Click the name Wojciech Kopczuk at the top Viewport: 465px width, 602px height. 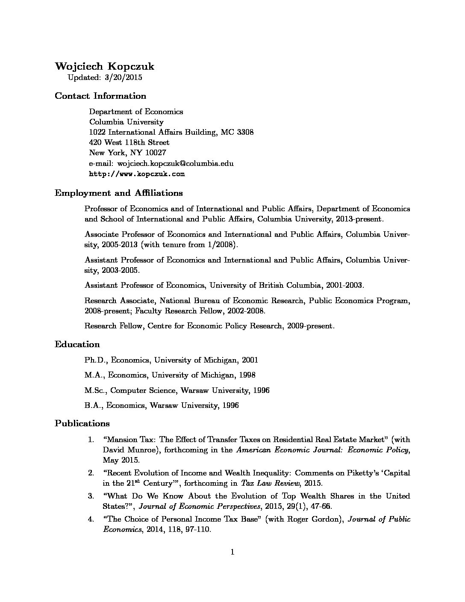pyautogui.click(x=105, y=66)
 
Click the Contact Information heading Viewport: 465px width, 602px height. pyautogui.click(x=100, y=96)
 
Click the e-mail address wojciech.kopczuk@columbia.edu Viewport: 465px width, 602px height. pyautogui.click(x=175, y=163)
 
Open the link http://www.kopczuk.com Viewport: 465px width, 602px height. pyautogui.click(x=137, y=174)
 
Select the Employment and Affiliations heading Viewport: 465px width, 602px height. pyautogui.click(x=119, y=193)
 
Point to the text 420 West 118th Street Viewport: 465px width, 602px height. pyautogui.click(x=129, y=142)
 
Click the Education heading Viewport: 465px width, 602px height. pyautogui.click(x=77, y=344)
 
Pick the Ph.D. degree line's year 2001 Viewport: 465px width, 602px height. pyautogui.click(x=250, y=360)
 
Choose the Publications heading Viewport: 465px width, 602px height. pyautogui.click(x=82, y=423)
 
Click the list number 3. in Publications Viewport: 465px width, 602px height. pyautogui.click(x=91, y=496)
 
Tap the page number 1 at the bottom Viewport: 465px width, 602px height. pyautogui.click(x=232, y=552)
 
